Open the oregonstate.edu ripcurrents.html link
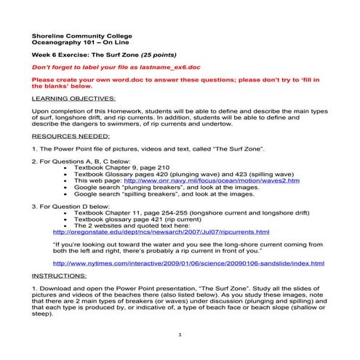point(161,232)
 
